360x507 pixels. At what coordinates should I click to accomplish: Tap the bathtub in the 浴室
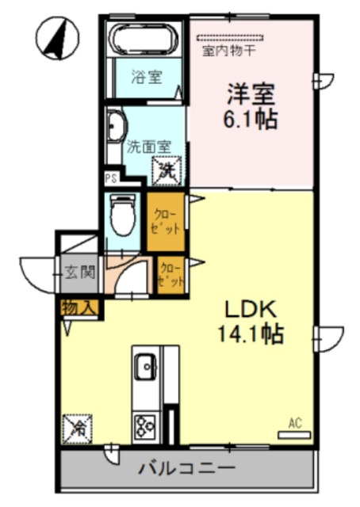146,38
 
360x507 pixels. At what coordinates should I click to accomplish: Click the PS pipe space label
110,179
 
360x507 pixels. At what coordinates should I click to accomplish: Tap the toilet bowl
122,215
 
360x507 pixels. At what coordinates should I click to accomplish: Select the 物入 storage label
79,306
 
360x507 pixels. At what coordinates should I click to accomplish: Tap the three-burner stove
145,425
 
